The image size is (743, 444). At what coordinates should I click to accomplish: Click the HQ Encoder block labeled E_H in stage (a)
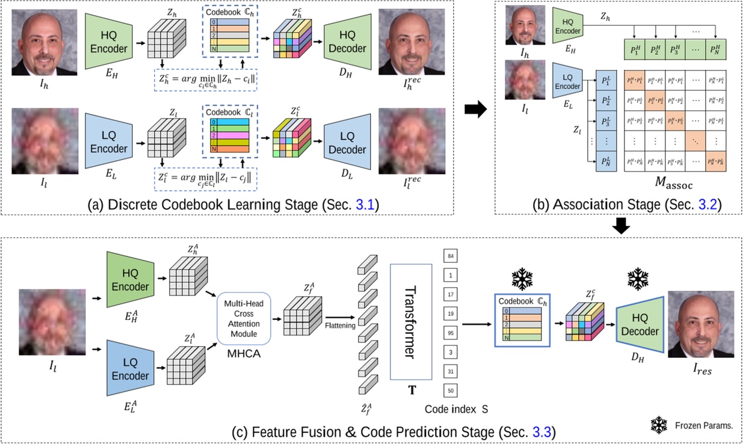[108, 42]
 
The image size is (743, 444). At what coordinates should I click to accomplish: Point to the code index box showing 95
[451, 333]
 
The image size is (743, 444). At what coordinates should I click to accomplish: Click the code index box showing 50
[451, 390]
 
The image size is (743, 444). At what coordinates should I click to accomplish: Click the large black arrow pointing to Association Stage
[475, 111]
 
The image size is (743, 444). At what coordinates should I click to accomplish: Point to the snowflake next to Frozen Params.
[661, 425]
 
